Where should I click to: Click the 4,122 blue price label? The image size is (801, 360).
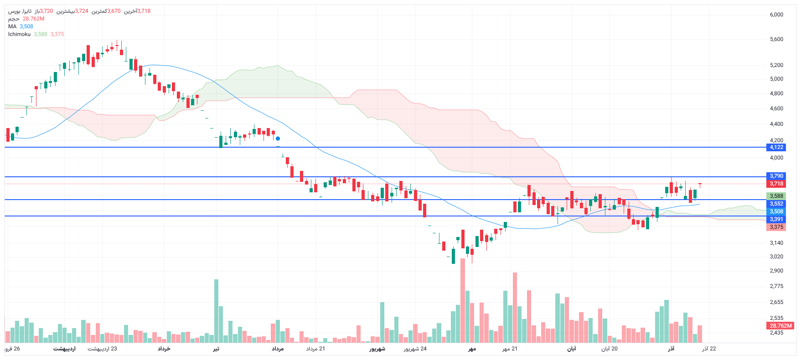(x=776, y=147)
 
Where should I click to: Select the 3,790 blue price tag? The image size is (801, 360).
(x=776, y=176)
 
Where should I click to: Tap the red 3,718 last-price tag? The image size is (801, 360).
(x=776, y=184)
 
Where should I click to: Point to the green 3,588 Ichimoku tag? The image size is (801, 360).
(x=776, y=196)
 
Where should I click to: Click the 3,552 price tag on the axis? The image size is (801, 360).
(x=776, y=204)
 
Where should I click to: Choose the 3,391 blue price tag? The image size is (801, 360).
(x=776, y=219)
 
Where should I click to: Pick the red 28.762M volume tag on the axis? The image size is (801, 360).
(x=780, y=326)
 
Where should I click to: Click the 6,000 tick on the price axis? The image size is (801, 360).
(x=776, y=15)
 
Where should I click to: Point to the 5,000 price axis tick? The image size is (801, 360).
(x=776, y=79)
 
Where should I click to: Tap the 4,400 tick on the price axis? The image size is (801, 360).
(x=776, y=124)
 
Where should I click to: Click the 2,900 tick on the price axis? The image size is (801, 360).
(x=776, y=271)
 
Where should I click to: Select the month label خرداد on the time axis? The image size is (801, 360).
(x=164, y=349)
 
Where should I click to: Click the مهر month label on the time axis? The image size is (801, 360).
(x=472, y=349)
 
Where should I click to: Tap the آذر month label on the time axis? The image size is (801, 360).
(x=671, y=349)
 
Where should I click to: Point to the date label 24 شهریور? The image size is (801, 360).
(x=415, y=349)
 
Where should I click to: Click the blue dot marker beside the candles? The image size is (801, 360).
(x=278, y=139)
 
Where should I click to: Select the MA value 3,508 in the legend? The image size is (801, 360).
(x=26, y=26)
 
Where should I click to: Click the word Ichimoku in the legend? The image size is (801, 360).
(x=19, y=34)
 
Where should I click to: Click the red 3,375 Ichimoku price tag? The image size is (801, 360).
(x=776, y=227)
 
